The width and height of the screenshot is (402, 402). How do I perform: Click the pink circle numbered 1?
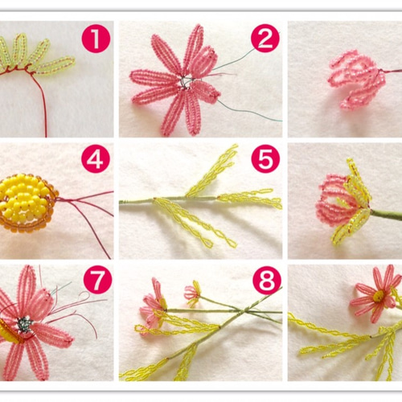[x=96, y=39]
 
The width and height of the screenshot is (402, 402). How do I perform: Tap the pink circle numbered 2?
[x=265, y=39]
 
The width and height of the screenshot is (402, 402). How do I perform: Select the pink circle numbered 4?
[x=96, y=160]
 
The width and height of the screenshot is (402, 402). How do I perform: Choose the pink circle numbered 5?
[x=265, y=160]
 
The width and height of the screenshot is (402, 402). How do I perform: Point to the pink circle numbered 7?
[x=97, y=280]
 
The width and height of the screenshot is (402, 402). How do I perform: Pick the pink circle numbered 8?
[x=267, y=281]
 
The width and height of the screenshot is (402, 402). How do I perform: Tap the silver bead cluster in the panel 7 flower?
[x=24, y=325]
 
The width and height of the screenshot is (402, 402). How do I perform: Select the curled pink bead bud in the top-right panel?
[x=356, y=80]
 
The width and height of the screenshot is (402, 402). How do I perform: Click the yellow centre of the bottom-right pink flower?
[x=379, y=296]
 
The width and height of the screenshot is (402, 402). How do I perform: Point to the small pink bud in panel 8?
[x=192, y=293]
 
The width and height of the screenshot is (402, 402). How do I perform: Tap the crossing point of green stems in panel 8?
[x=245, y=311]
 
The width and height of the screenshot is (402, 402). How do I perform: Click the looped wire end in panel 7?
[x=85, y=296]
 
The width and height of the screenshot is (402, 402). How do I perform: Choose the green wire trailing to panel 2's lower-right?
[x=249, y=110]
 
